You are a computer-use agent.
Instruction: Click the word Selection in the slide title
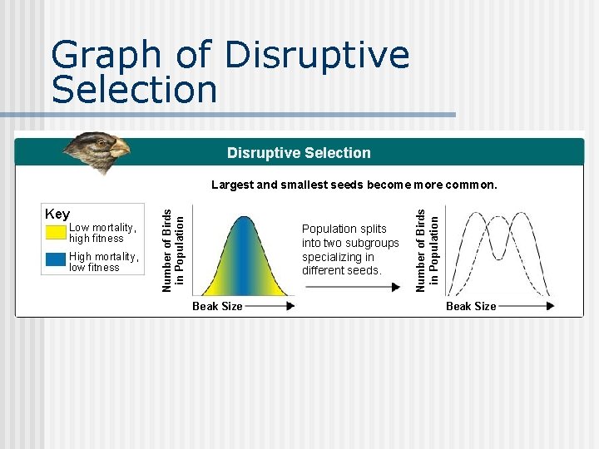[x=134, y=89]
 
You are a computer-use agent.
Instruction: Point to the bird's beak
[x=121, y=150]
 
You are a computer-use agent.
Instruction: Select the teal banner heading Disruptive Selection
[x=299, y=153]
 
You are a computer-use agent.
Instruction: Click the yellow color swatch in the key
[x=56, y=232]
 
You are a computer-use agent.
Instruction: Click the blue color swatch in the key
[x=56, y=259]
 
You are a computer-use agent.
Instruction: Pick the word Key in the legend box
[x=57, y=215]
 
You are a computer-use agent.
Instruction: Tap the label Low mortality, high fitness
[x=102, y=233]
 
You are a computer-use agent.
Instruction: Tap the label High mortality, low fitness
[x=104, y=262]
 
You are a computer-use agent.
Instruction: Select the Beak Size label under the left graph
[x=217, y=306]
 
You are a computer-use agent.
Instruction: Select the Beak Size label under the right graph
[x=471, y=306]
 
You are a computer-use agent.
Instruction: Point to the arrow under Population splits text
[x=353, y=288]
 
